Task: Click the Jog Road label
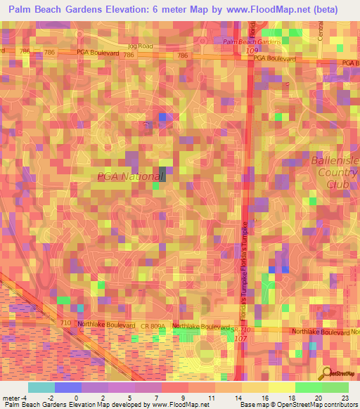click(139, 46)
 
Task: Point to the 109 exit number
click(262, 51)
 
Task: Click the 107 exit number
click(240, 339)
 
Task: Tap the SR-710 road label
click(242, 328)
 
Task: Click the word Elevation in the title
click(121, 10)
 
